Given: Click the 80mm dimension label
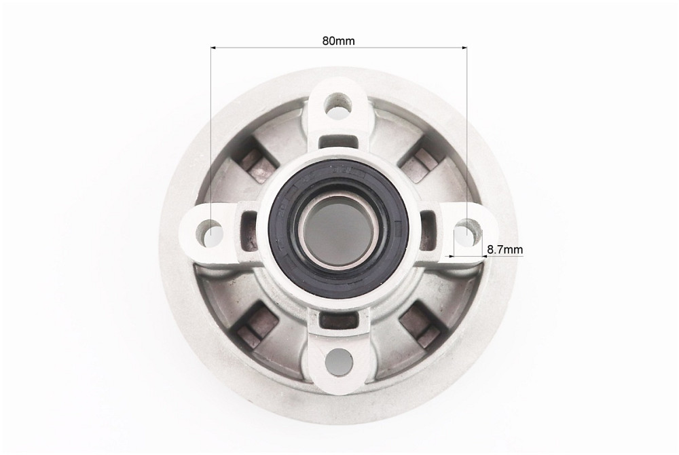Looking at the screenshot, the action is point(338,41).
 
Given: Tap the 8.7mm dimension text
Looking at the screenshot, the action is point(504,250).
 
